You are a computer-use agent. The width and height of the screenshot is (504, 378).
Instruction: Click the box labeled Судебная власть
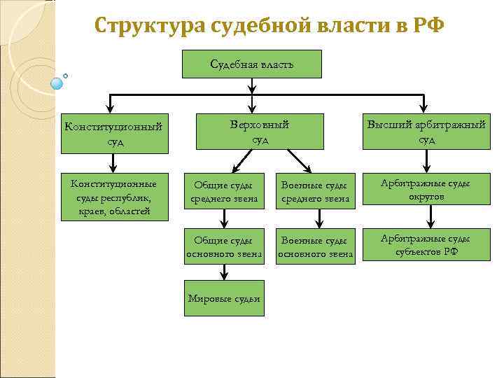click(x=252, y=64)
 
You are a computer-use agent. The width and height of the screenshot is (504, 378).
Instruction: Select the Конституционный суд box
click(x=115, y=134)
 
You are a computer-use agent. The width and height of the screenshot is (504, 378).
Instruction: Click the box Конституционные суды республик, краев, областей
click(x=115, y=196)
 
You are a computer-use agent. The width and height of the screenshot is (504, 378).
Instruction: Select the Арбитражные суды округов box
click(x=426, y=190)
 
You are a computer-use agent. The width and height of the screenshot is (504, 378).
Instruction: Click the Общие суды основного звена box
click(x=224, y=247)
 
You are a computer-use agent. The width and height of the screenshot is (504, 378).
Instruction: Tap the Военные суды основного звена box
click(x=315, y=247)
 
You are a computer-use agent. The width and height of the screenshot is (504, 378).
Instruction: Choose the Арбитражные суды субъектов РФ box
click(x=426, y=245)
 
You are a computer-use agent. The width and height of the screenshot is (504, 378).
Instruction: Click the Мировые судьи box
click(x=224, y=298)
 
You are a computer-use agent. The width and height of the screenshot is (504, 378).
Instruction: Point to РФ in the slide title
click(x=428, y=26)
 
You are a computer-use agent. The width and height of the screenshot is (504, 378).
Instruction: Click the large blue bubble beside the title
click(x=57, y=83)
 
